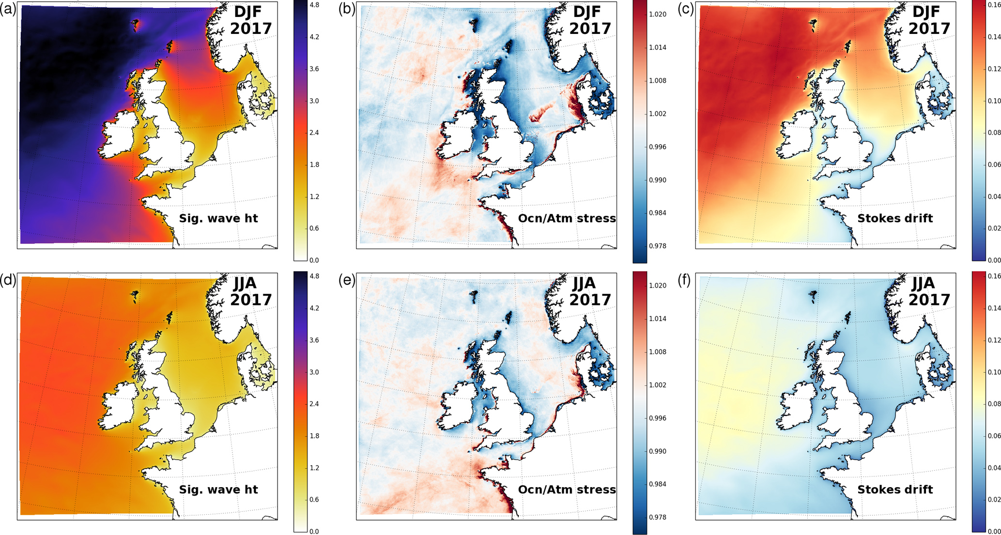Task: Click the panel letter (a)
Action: (8, 10)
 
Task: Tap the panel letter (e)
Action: (347, 280)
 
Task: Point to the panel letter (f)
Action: (685, 280)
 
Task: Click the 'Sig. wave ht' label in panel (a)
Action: (218, 218)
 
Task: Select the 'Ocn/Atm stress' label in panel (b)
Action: (567, 218)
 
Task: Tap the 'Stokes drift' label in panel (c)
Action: (895, 218)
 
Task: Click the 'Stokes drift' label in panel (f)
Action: (895, 489)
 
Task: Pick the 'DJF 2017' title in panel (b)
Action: (590, 20)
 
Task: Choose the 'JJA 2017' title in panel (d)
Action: (251, 291)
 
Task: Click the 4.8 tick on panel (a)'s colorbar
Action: (314, 5)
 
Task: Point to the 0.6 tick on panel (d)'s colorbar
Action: (314, 500)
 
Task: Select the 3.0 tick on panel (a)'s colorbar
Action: (314, 101)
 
